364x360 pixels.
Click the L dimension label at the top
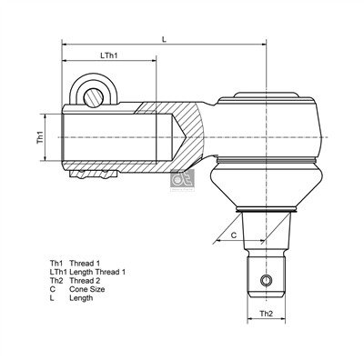164,39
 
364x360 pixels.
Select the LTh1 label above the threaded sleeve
109,56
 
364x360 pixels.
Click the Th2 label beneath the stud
267,313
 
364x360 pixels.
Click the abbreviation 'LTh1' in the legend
58,272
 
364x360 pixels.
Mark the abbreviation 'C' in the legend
53,289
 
